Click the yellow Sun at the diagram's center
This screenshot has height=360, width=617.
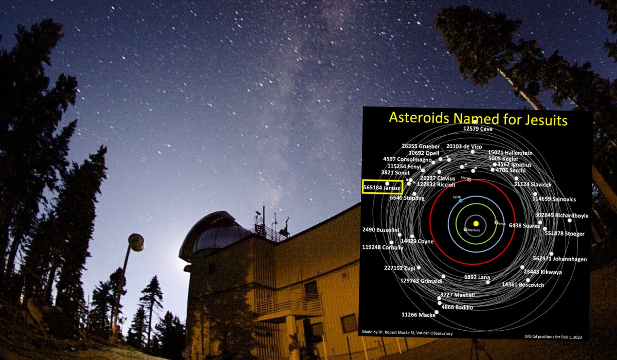476,224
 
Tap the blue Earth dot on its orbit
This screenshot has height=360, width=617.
461,200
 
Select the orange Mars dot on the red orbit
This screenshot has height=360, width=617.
469,179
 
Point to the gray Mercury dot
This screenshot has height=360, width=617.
465,229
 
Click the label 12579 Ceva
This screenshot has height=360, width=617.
478,129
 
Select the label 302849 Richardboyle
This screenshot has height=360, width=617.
561,215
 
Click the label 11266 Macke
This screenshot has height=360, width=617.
418,315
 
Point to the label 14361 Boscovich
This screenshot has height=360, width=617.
523,285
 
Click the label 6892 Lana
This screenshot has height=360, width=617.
477,277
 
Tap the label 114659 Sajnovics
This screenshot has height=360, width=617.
554,199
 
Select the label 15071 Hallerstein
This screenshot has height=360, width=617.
510,153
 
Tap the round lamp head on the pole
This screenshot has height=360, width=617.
136,242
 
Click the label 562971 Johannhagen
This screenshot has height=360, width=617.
560,259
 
